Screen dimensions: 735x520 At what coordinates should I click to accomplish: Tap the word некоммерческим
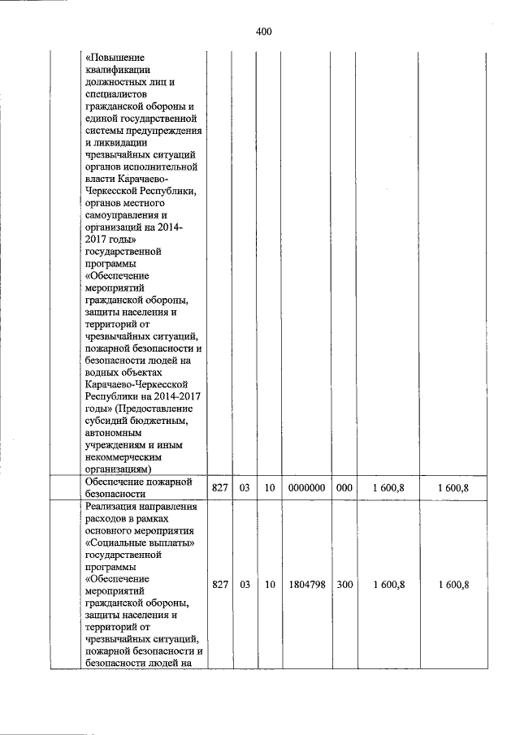click(x=123, y=457)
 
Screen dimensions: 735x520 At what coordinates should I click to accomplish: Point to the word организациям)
click(x=119, y=469)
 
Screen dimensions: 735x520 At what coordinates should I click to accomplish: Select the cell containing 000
click(x=344, y=488)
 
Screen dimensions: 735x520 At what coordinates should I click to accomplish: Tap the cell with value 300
click(x=344, y=585)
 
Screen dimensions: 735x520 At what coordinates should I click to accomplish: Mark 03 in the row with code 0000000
click(x=244, y=488)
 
